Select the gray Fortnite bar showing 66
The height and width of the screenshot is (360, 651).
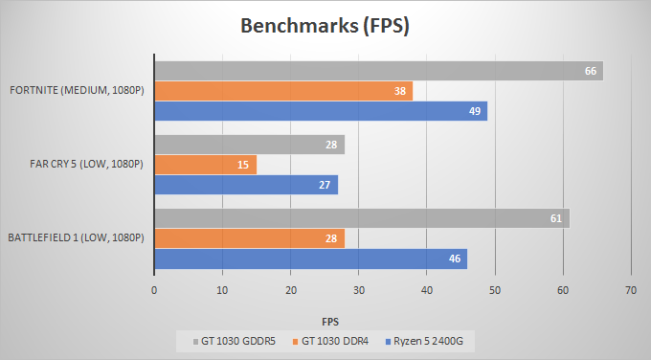[x=378, y=71]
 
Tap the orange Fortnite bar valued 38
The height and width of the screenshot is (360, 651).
[x=283, y=92]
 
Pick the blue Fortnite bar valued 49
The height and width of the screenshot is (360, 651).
[x=321, y=112]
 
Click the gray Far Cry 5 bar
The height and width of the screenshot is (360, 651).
[x=249, y=145]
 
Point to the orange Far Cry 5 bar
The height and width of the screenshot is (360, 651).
[x=205, y=165]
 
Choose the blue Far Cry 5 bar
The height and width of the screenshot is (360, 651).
[x=246, y=185]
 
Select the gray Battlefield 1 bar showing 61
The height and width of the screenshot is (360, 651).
[x=362, y=218]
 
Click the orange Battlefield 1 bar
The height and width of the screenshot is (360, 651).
[x=249, y=238]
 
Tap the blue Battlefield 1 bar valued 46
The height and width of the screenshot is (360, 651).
[x=310, y=259]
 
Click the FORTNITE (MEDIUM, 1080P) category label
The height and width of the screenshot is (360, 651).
[x=77, y=92]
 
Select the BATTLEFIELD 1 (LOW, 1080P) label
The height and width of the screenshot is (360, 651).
[x=76, y=238]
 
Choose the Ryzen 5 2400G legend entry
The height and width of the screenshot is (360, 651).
[x=426, y=340]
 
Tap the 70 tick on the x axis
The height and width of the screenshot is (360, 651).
[x=630, y=288]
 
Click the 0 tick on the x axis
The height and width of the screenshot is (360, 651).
[x=154, y=288]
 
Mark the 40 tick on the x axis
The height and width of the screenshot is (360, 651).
[x=426, y=288]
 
